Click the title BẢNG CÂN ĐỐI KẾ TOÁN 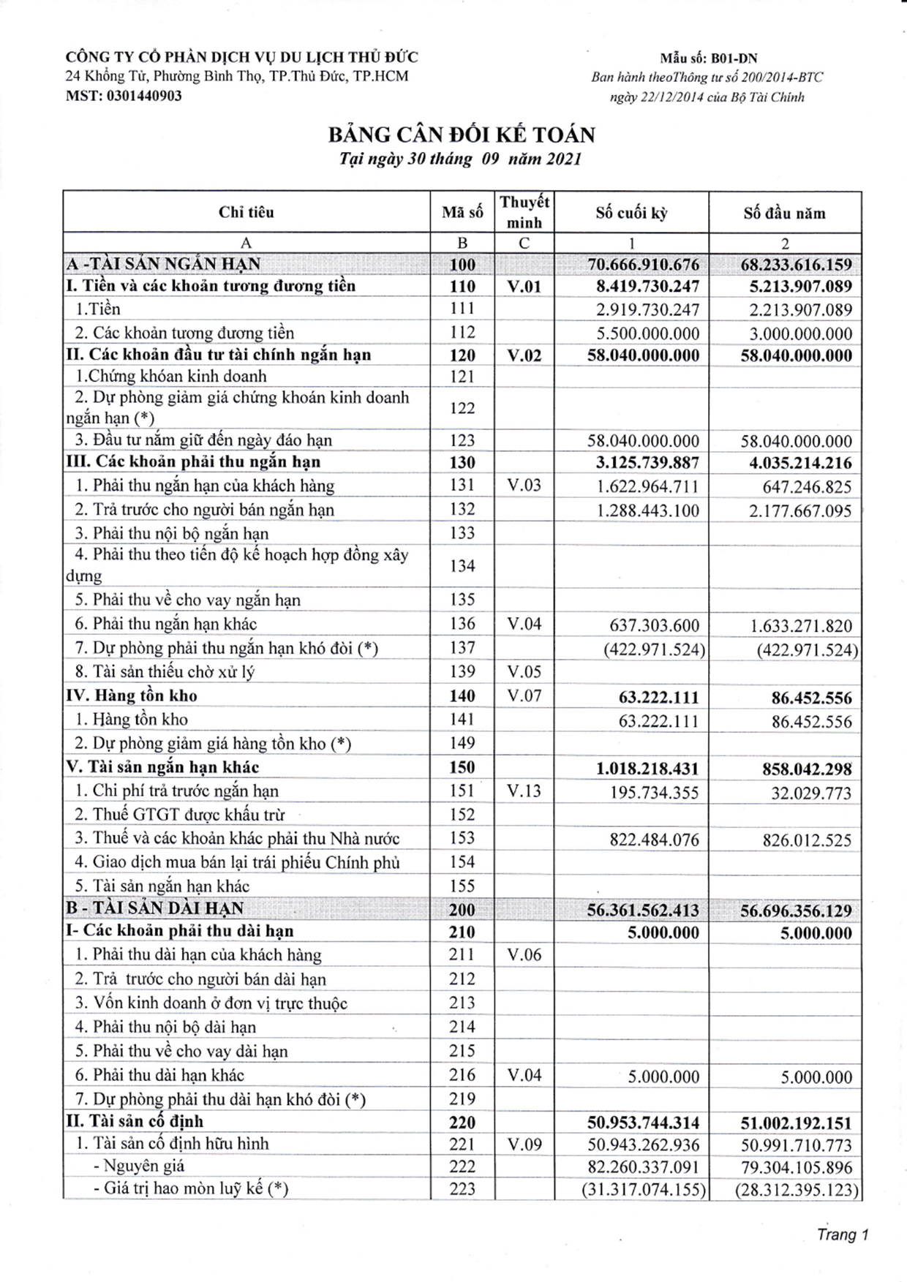pyautogui.click(x=461, y=135)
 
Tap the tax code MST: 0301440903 pyautogui.click(x=124, y=96)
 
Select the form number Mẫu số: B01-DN pyautogui.click(x=708, y=59)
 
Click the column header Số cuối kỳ pyautogui.click(x=631, y=213)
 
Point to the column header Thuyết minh pyautogui.click(x=524, y=212)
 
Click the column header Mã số pyautogui.click(x=462, y=213)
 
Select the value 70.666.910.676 pyautogui.click(x=643, y=265)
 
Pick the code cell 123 pyautogui.click(x=462, y=440)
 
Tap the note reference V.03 pyautogui.click(x=524, y=485)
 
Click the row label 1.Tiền pyautogui.click(x=99, y=309)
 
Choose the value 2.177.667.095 pyautogui.click(x=800, y=510)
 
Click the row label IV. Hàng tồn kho pyautogui.click(x=132, y=695)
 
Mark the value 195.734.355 pyautogui.click(x=654, y=793)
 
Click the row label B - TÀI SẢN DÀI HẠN pyautogui.click(x=154, y=908)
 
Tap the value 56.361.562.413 pyautogui.click(x=643, y=910)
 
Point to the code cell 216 pyautogui.click(x=462, y=1075)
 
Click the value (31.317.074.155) pyautogui.click(x=644, y=1190)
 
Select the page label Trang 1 pyautogui.click(x=843, y=1235)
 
